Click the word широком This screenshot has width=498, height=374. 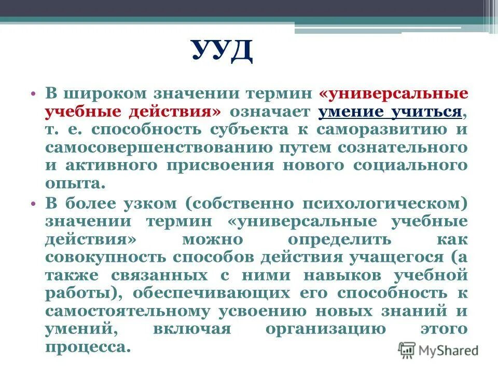pyautogui.click(x=103, y=94)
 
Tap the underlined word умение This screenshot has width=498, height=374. pyautogui.click(x=351, y=111)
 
